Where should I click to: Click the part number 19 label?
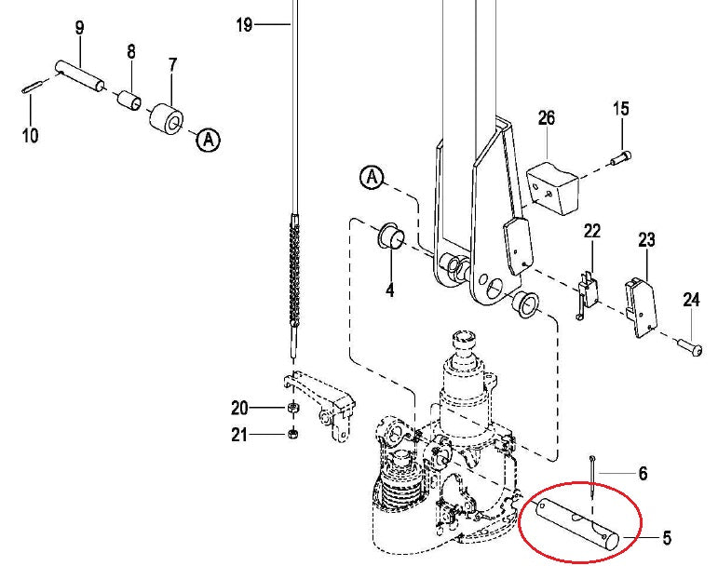(x=244, y=25)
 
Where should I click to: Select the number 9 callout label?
(x=79, y=28)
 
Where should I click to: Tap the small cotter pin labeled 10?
(x=31, y=88)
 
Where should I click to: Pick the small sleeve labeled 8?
(x=129, y=99)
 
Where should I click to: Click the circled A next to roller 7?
(x=208, y=141)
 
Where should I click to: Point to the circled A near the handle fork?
(x=372, y=176)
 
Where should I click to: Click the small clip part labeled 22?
(x=588, y=290)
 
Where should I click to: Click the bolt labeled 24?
(x=690, y=346)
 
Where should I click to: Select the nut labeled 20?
(x=291, y=408)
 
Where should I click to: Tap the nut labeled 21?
(x=291, y=434)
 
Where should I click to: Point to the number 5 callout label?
(x=666, y=537)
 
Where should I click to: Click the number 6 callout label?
(x=642, y=474)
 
